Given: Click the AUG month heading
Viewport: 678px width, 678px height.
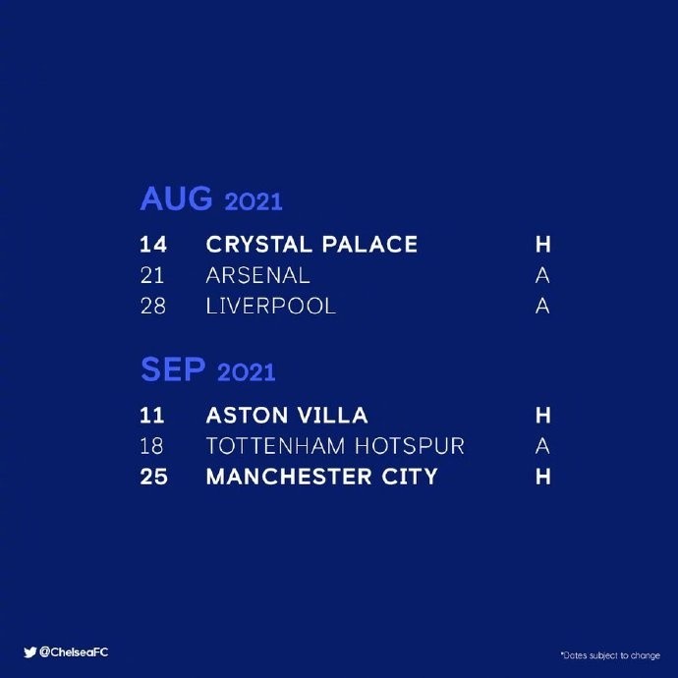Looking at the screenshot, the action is pos(176,198).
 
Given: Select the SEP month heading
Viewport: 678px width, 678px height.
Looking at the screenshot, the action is pos(173,369).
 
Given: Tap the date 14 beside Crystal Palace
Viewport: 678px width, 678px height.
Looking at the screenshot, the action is pos(153,245).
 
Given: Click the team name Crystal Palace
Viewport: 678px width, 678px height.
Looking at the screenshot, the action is pos(311,245).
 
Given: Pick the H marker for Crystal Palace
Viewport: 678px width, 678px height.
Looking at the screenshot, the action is pos(543,245).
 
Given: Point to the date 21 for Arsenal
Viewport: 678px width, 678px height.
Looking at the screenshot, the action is pos(152,275).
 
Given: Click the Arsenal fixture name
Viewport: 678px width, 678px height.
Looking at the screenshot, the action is pos(258,275).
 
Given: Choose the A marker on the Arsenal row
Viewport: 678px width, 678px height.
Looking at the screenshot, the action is pos(542,275).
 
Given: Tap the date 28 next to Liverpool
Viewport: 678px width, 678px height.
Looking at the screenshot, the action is pos(153,307).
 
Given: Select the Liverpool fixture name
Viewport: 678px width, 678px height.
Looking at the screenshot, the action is pos(271,307).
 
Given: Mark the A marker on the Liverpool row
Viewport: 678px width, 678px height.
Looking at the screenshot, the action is pos(542,307).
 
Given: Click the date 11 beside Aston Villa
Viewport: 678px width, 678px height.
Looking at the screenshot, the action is pos(151,415).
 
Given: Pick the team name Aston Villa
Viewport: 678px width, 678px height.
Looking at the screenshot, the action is pos(287,415).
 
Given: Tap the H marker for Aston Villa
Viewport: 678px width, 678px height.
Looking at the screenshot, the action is pos(543,415).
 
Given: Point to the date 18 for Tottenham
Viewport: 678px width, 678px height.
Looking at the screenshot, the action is pos(151,446).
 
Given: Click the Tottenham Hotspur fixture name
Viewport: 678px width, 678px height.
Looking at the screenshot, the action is pos(335,446).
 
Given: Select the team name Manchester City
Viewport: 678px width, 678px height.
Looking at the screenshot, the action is pos(322,477).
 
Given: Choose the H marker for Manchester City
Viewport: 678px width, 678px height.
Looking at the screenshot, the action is pos(543,477).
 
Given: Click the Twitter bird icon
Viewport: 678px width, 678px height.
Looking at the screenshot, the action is pos(29,652).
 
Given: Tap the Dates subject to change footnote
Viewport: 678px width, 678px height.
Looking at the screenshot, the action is pos(610,655).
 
